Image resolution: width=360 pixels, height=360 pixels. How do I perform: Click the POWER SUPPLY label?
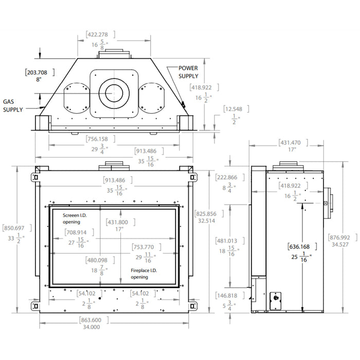pos(188,72)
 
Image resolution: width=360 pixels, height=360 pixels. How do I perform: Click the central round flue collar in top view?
pos(114,93)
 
